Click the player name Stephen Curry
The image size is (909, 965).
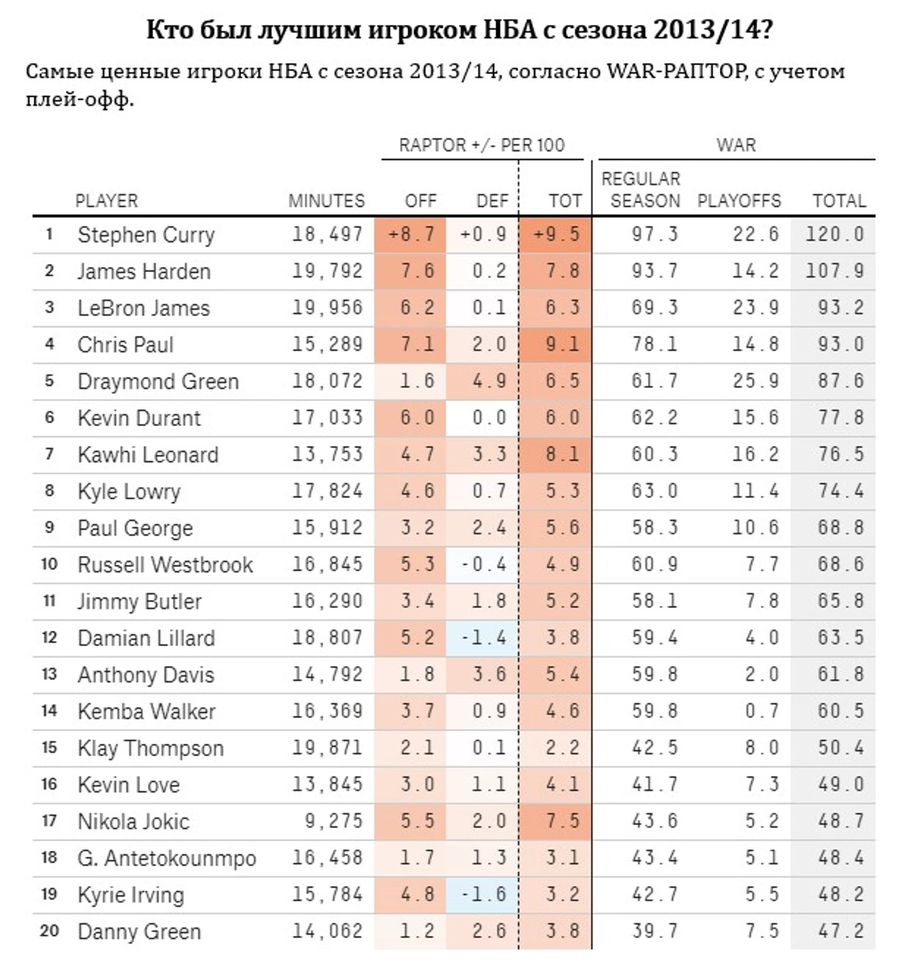pyautogui.click(x=146, y=235)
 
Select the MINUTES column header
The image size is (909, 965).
pyautogui.click(x=326, y=201)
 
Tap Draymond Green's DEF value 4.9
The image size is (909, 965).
pyautogui.click(x=489, y=381)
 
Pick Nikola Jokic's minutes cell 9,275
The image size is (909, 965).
pyautogui.click(x=334, y=821)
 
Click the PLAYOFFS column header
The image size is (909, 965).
pyautogui.click(x=738, y=201)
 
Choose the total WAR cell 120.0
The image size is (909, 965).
pyautogui.click(x=834, y=234)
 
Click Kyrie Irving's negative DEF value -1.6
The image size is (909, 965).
pyautogui.click(x=484, y=894)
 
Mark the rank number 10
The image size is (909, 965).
pyautogui.click(x=49, y=564)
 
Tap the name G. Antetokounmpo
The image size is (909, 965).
pyautogui.click(x=166, y=858)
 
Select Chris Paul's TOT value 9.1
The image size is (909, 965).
pyautogui.click(x=562, y=345)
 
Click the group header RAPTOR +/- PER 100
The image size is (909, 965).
pyautogui.click(x=481, y=145)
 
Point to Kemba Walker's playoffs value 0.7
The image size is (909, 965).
pyautogui.click(x=762, y=711)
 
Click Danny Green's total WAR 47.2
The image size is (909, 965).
pyautogui.click(x=841, y=931)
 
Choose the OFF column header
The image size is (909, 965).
pyautogui.click(x=420, y=201)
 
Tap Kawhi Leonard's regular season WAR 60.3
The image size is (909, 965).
pyautogui.click(x=654, y=454)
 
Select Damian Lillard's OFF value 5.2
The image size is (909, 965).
pyautogui.click(x=417, y=637)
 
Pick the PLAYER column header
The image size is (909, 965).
pyautogui.click(x=106, y=201)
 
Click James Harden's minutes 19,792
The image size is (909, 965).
pyautogui.click(x=327, y=271)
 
